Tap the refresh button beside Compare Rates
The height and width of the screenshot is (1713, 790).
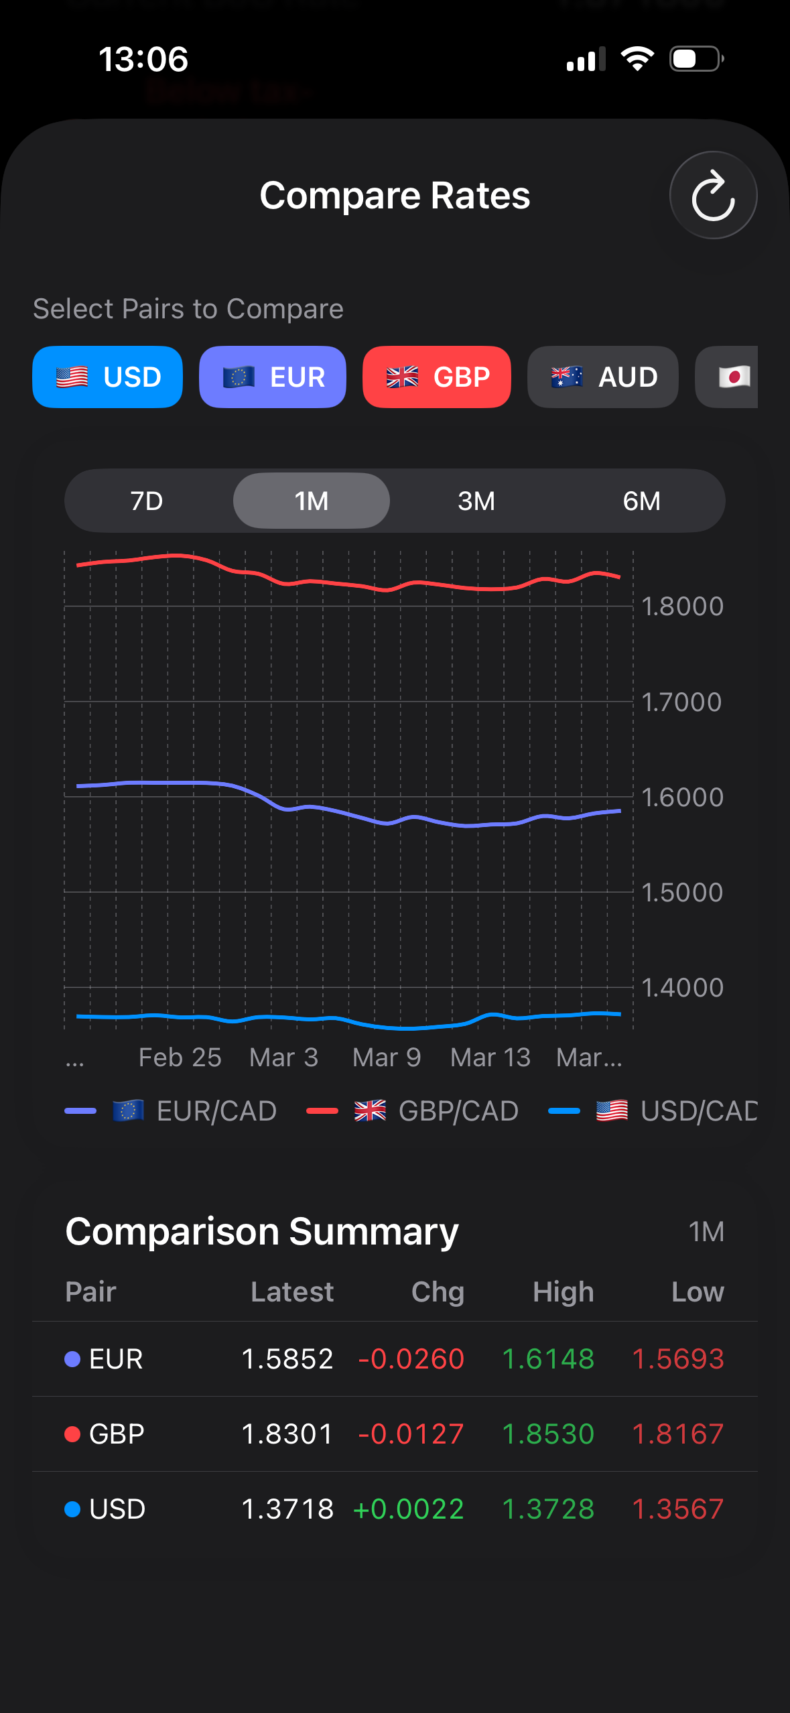[x=713, y=195]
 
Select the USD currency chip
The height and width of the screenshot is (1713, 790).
[x=107, y=377]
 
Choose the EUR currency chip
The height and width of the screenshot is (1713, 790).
[x=273, y=377]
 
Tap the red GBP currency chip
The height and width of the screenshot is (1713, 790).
[x=437, y=377]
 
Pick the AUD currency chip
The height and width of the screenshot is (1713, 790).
[x=603, y=377]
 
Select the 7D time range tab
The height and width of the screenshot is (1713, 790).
[x=147, y=501]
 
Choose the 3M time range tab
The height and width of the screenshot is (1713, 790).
[x=476, y=501]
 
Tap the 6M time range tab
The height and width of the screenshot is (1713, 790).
[x=641, y=501]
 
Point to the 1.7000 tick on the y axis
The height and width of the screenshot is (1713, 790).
[x=681, y=702]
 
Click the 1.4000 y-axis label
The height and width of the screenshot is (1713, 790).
[x=681, y=987]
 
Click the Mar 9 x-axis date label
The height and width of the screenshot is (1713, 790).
[x=387, y=1057]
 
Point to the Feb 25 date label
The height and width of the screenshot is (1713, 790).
[x=180, y=1057]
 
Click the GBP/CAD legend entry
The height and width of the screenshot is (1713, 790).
[x=436, y=1111]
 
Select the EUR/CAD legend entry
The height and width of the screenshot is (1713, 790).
[x=194, y=1111]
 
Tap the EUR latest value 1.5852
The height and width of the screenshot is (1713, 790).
[x=287, y=1358]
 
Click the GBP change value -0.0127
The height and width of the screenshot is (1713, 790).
[x=411, y=1434]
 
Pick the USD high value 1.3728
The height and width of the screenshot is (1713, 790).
[x=548, y=1509]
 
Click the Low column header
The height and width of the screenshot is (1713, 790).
[x=698, y=1291]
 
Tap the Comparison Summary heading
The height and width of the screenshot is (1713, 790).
[x=262, y=1231]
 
